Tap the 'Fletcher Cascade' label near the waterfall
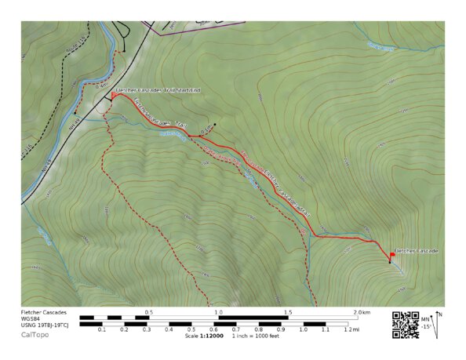(416, 250)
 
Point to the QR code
(405, 324)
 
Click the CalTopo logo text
(34, 335)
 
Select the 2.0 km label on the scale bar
(361, 312)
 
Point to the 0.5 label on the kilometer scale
(148, 312)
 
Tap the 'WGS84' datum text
(31, 318)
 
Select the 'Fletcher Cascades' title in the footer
(44, 312)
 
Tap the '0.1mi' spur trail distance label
(206, 129)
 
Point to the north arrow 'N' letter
(439, 315)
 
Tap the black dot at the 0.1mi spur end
(213, 125)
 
